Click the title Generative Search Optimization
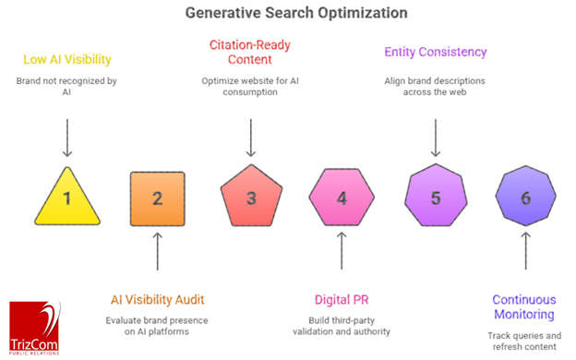287,14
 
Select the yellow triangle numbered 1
66,198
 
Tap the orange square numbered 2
157,197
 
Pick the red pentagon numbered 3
249,197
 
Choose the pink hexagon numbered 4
342,197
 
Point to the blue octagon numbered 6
525,197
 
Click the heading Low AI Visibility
67,61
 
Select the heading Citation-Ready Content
249,52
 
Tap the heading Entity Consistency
436,53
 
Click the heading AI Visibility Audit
158,299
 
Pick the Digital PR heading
342,299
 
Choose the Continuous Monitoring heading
525,307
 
